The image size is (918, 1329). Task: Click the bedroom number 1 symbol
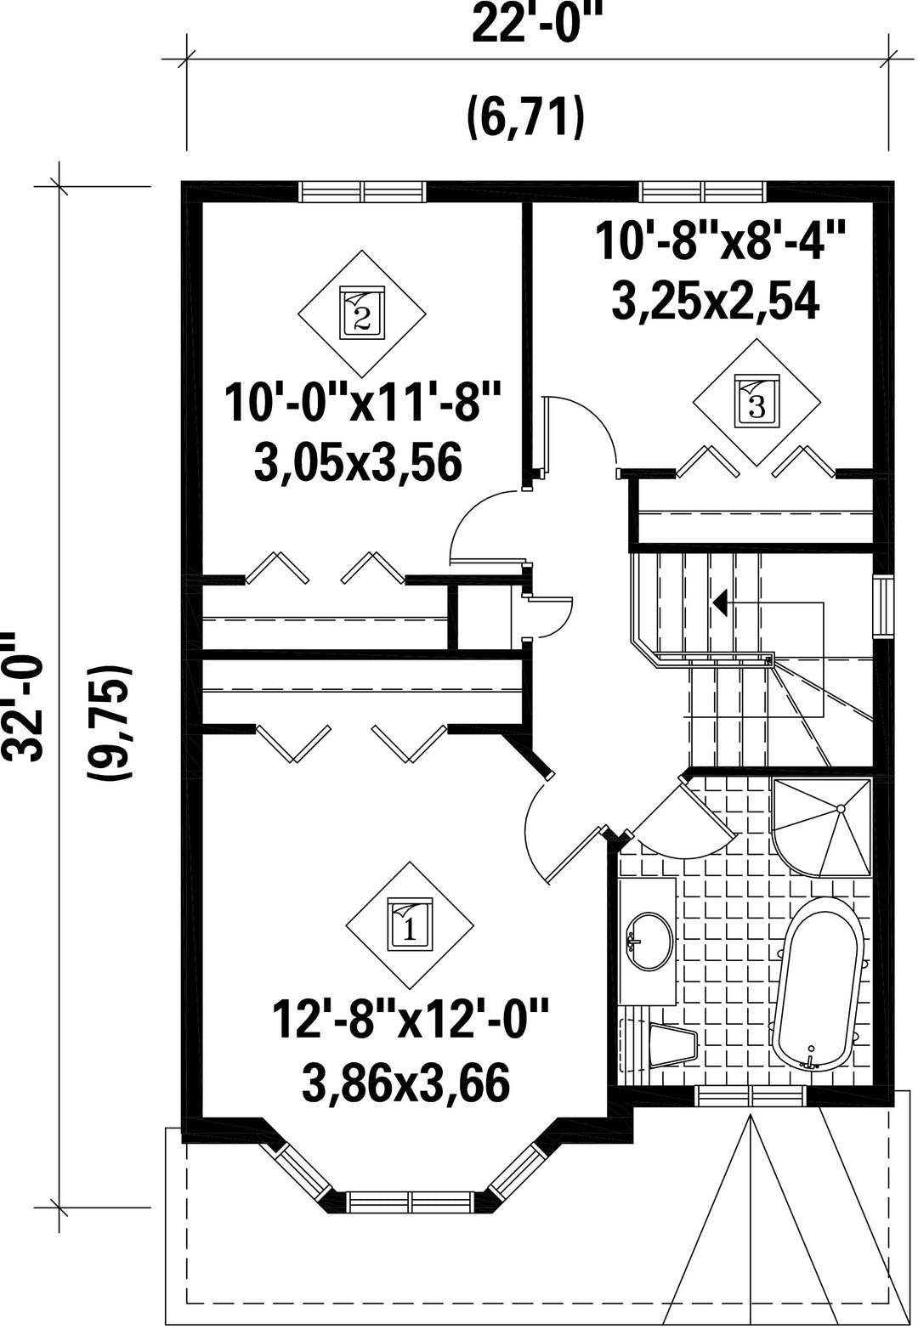pos(410,925)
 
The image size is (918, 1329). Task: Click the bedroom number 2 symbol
pos(362,313)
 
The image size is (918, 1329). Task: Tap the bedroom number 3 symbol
pos(757,402)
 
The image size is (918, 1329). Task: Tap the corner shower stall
pos(821,828)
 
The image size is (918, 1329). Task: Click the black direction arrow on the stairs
pos(721,603)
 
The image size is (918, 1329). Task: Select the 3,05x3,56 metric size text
pos(359,463)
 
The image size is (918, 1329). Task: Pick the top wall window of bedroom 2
pos(363,192)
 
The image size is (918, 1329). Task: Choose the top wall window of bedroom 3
pos(703,192)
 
